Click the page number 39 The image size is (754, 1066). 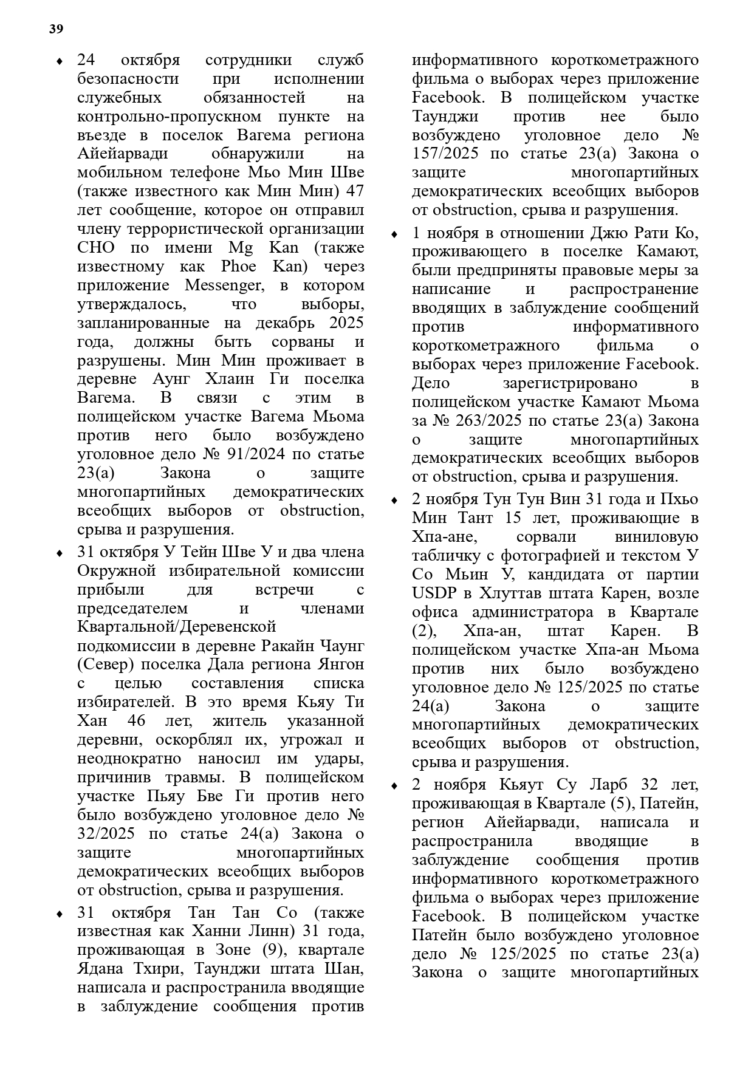pyautogui.click(x=56, y=29)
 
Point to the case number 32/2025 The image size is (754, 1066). pyautogui.click(x=106, y=833)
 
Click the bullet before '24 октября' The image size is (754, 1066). pyautogui.click(x=59, y=61)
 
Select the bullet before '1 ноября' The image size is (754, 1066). pyautogui.click(x=394, y=234)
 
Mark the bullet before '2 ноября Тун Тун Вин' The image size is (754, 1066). pyautogui.click(x=394, y=500)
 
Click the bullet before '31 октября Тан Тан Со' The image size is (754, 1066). pyautogui.click(x=59, y=914)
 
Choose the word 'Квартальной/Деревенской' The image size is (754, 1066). pyautogui.click(x=177, y=627)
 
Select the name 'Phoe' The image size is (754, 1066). pyautogui.click(x=238, y=266)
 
